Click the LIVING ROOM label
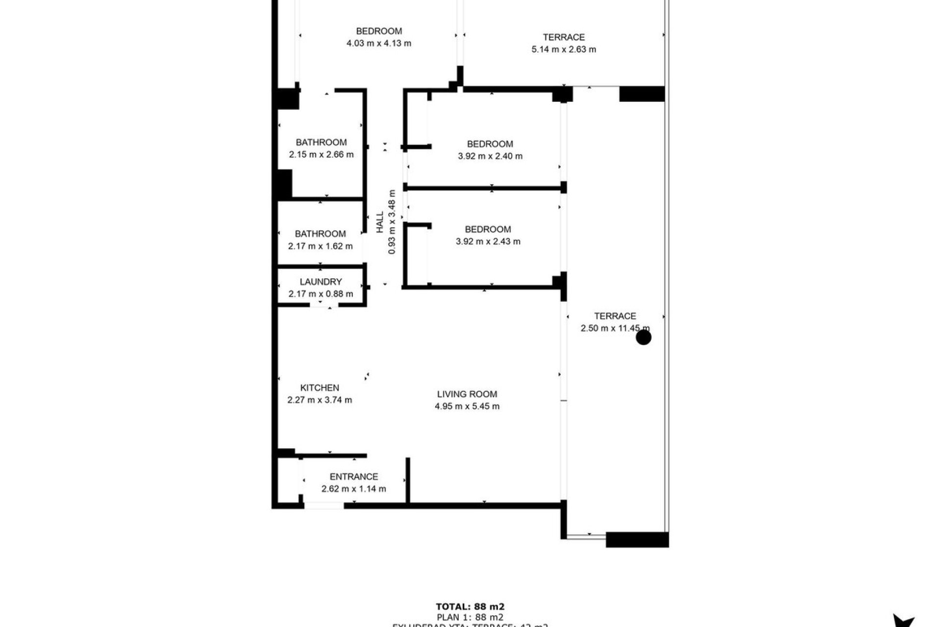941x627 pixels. [467, 394]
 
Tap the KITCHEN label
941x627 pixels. [320, 387]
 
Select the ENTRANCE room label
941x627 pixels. [353, 476]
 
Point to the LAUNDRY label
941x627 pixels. [321, 282]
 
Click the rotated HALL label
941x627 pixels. [380, 222]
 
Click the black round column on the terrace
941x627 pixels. [643, 337]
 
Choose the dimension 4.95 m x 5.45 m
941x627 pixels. [467, 406]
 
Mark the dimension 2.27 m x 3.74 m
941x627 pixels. [320, 400]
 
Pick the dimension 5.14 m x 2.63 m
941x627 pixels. [564, 49]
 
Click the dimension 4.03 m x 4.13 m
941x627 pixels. [379, 43]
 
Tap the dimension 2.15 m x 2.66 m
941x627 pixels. [321, 154]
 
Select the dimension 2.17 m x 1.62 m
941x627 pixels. [320, 246]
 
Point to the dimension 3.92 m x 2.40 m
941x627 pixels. [490, 156]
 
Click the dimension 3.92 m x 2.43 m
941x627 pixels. [488, 241]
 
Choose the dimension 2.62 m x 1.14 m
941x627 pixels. [353, 488]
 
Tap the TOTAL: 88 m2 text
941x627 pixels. [470, 607]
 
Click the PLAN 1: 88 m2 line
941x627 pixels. [470, 617]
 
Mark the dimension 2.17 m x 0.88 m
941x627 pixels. [321, 294]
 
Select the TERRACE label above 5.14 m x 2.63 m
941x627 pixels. [564, 37]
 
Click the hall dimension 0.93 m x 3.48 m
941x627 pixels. [392, 222]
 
